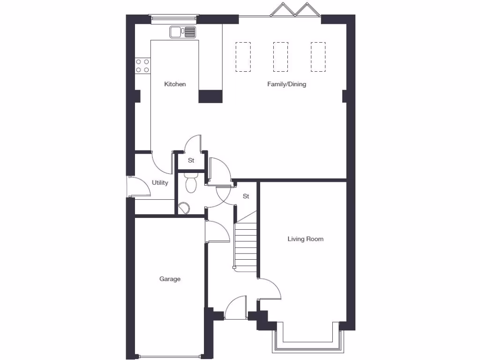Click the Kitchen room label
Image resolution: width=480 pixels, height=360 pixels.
coord(175,84)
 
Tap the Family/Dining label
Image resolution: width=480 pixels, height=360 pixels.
coord(286,84)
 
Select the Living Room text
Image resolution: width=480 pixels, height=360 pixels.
coord(305,239)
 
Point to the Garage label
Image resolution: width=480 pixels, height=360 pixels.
coord(170,279)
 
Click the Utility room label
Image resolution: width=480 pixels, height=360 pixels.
coord(160,183)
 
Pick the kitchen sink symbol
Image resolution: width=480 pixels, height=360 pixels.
coord(183,32)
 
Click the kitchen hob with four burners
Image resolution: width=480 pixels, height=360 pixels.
coord(142,66)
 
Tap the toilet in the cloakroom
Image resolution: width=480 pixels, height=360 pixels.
coord(191,183)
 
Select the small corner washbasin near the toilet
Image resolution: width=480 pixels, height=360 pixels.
coord(184,207)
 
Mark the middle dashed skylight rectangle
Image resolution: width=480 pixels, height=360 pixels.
coord(280,57)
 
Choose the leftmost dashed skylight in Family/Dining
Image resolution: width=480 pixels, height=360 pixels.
coord(243,57)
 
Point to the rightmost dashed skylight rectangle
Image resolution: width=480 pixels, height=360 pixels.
coord(318,57)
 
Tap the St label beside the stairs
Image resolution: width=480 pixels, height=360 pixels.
coord(246,196)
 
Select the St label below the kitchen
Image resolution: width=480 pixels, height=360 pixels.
coord(191,160)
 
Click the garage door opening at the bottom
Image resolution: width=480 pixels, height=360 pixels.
coord(169,355)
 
